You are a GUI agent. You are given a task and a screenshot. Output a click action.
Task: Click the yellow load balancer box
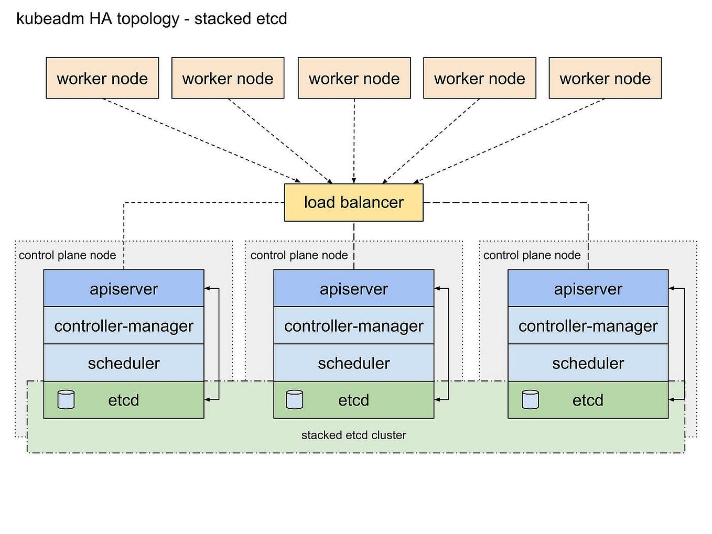pyautogui.click(x=353, y=202)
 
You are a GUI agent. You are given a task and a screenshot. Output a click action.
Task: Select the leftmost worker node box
pyautogui.click(x=102, y=78)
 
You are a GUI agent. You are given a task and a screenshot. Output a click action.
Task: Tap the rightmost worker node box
pyautogui.click(x=605, y=78)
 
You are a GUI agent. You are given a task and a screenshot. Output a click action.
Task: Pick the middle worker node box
pyautogui.click(x=354, y=78)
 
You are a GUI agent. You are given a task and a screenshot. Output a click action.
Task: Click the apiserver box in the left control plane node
pyautogui.click(x=123, y=288)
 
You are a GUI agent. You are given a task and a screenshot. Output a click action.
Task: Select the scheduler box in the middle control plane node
pyautogui.click(x=353, y=363)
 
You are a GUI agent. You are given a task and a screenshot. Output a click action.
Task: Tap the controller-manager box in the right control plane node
pyautogui.click(x=588, y=325)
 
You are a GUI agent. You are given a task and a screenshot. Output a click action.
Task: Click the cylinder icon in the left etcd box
pyautogui.click(x=66, y=399)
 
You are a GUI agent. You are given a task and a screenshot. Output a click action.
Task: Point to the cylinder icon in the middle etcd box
pyautogui.click(x=295, y=399)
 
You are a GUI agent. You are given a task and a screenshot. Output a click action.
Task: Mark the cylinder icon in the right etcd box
pyautogui.click(x=530, y=399)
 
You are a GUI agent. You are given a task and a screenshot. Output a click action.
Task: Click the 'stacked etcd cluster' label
pyautogui.click(x=353, y=435)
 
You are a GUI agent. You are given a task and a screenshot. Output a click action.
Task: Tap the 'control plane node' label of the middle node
pyautogui.click(x=299, y=255)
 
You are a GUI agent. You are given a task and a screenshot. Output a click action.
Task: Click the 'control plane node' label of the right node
pyautogui.click(x=532, y=255)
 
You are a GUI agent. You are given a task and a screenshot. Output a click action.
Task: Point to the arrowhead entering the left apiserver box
pyautogui.click(x=207, y=288)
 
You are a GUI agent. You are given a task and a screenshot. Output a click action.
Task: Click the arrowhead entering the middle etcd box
pyautogui.click(x=437, y=400)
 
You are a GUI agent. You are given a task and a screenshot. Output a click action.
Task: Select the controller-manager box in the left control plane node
pyautogui.click(x=123, y=325)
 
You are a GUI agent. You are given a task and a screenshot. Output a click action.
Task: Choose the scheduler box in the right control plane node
pyautogui.click(x=588, y=363)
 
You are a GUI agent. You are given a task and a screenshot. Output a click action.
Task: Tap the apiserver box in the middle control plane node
pyautogui.click(x=353, y=288)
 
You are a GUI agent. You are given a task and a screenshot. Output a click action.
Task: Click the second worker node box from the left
pyautogui.click(x=228, y=78)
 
